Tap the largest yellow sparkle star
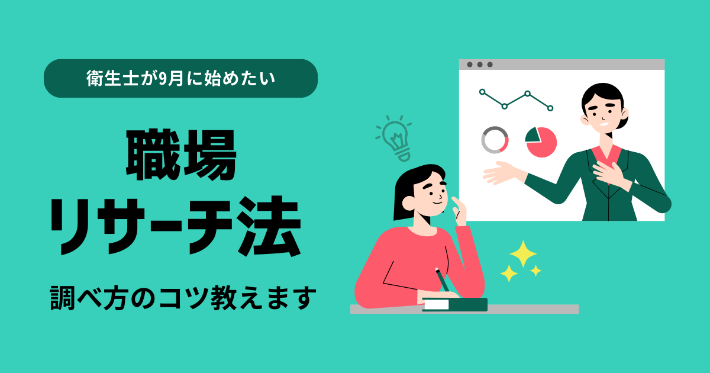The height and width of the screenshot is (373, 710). [x=523, y=254]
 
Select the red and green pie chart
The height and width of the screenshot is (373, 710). [x=541, y=142]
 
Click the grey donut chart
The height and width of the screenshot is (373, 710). [x=495, y=140]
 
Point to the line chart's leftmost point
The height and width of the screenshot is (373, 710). [x=482, y=92]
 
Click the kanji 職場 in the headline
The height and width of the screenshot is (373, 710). [x=181, y=155]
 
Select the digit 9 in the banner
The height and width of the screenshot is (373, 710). [x=162, y=79]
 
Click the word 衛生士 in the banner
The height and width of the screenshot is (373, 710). [x=112, y=78]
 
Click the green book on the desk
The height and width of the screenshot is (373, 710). [x=455, y=304]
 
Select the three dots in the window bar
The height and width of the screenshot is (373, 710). [x=480, y=65]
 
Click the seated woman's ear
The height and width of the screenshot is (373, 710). [x=408, y=203]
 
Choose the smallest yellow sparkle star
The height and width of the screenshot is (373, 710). [x=535, y=271]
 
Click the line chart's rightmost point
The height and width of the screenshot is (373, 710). [x=550, y=108]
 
